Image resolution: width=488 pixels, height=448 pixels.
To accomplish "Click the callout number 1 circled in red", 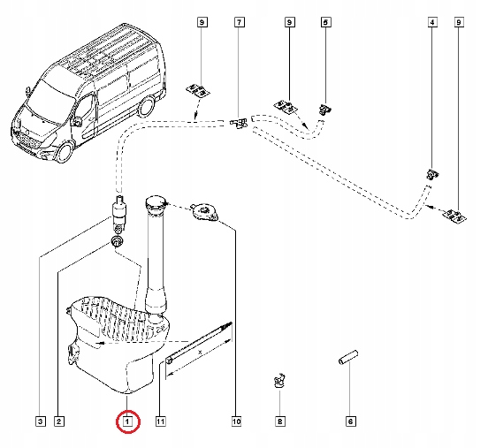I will click(x=127, y=422).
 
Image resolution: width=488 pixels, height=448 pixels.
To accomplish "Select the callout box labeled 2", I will click(x=57, y=422).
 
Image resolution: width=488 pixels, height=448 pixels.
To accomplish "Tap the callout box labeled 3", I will click(x=40, y=422).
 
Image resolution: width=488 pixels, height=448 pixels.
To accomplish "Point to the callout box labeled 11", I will click(x=161, y=422).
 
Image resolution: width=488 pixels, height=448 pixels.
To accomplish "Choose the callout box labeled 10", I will click(x=237, y=422).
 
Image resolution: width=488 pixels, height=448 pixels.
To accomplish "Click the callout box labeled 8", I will click(x=280, y=422).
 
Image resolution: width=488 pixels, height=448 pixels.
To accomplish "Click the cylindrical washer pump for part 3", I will click(x=118, y=213).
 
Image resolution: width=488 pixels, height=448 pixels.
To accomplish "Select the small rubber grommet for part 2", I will click(x=116, y=241).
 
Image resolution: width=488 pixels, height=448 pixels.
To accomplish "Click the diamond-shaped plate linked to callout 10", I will click(x=205, y=212).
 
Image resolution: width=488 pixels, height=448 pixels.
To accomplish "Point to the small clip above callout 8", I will click(x=278, y=382).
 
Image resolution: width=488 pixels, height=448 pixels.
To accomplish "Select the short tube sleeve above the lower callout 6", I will click(x=347, y=362).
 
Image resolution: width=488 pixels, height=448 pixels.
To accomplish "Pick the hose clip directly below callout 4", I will click(x=431, y=174).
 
